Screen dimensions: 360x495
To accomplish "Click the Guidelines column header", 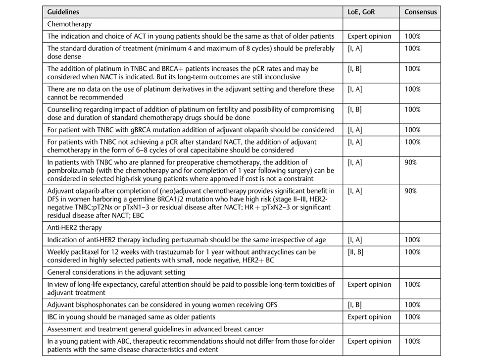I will [x=63, y=11].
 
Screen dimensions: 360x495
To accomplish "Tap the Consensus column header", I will [x=420, y=11].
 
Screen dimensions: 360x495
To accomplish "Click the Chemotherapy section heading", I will [x=69, y=24].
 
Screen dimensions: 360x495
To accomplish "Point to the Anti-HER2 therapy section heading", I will [x=74, y=228].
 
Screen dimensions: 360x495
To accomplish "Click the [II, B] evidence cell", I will [x=355, y=252].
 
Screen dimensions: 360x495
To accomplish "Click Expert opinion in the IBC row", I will [x=369, y=317].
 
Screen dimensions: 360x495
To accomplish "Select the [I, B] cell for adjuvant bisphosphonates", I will [x=354, y=305].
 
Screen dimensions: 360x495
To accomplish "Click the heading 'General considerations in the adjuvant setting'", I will [x=116, y=272].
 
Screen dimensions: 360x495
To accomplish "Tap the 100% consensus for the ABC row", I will [x=413, y=341].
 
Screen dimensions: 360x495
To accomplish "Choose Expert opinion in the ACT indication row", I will [x=369, y=36].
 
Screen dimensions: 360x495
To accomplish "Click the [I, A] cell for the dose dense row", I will [x=354, y=49].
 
